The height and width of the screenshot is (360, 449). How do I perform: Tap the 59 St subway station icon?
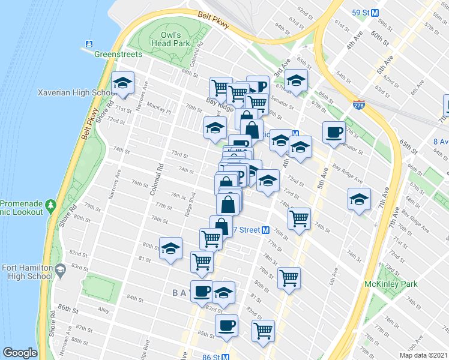coord(375,12)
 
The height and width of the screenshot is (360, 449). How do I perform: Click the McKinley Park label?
coord(386,283)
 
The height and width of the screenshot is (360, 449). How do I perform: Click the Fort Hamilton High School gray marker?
coord(60,272)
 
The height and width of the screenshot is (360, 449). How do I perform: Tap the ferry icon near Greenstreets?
coord(89,43)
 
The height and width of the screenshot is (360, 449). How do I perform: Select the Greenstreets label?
coord(118,54)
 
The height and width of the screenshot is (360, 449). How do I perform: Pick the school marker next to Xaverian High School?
coord(122,83)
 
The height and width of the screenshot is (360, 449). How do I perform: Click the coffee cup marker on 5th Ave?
coord(334,132)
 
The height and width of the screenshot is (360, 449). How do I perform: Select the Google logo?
coord(20,353)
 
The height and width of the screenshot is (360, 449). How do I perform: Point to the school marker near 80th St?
coord(171,248)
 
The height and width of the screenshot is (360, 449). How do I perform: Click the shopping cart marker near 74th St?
coord(299,218)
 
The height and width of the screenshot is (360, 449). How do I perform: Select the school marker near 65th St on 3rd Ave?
coord(296,80)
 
